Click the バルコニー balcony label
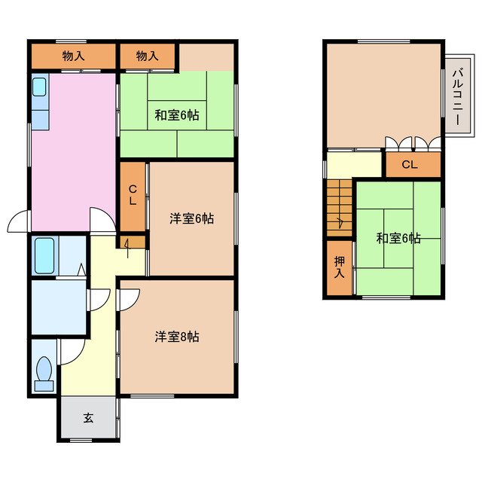click(x=456, y=96)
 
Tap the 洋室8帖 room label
click(x=177, y=337)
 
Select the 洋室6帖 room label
click(x=191, y=219)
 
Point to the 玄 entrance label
click(x=88, y=418)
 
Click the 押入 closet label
click(x=340, y=267)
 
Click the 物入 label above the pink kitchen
click(x=73, y=56)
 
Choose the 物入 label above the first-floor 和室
click(x=148, y=56)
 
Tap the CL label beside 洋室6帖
click(x=132, y=196)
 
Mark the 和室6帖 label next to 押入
click(x=398, y=239)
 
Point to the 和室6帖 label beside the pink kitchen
click(x=177, y=115)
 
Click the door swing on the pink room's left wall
click(x=19, y=221)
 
